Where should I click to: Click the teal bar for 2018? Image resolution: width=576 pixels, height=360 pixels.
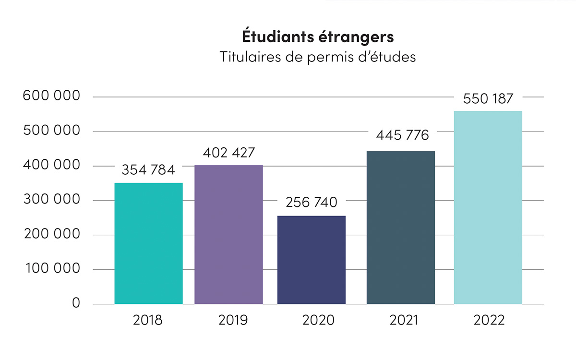coord(148,243)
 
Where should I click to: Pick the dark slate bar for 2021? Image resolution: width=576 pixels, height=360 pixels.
coord(401,228)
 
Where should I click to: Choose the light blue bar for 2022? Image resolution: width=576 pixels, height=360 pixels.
coord(488,207)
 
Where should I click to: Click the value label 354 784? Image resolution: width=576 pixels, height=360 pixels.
coord(148,170)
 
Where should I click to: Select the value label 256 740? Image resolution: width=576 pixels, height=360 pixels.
coord(312,203)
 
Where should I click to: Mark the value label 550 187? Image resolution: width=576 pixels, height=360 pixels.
coord(488,98)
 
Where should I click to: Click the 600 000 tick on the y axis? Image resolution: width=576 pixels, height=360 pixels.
coord(51,96)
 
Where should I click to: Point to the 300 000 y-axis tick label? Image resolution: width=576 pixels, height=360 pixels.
coord(51,200)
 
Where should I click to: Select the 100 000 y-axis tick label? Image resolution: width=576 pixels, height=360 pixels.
coord(51,269)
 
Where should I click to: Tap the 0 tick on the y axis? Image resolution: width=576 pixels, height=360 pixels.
coord(75,303)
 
